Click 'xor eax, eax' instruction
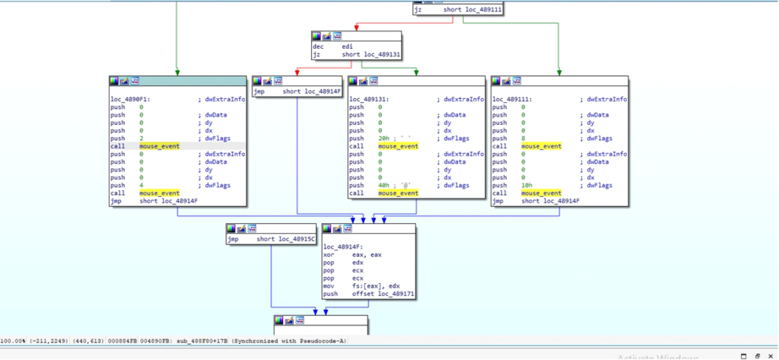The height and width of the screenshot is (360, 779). (358, 255)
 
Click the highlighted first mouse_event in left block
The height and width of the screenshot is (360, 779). (159, 145)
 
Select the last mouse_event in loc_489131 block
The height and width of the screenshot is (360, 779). (398, 193)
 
